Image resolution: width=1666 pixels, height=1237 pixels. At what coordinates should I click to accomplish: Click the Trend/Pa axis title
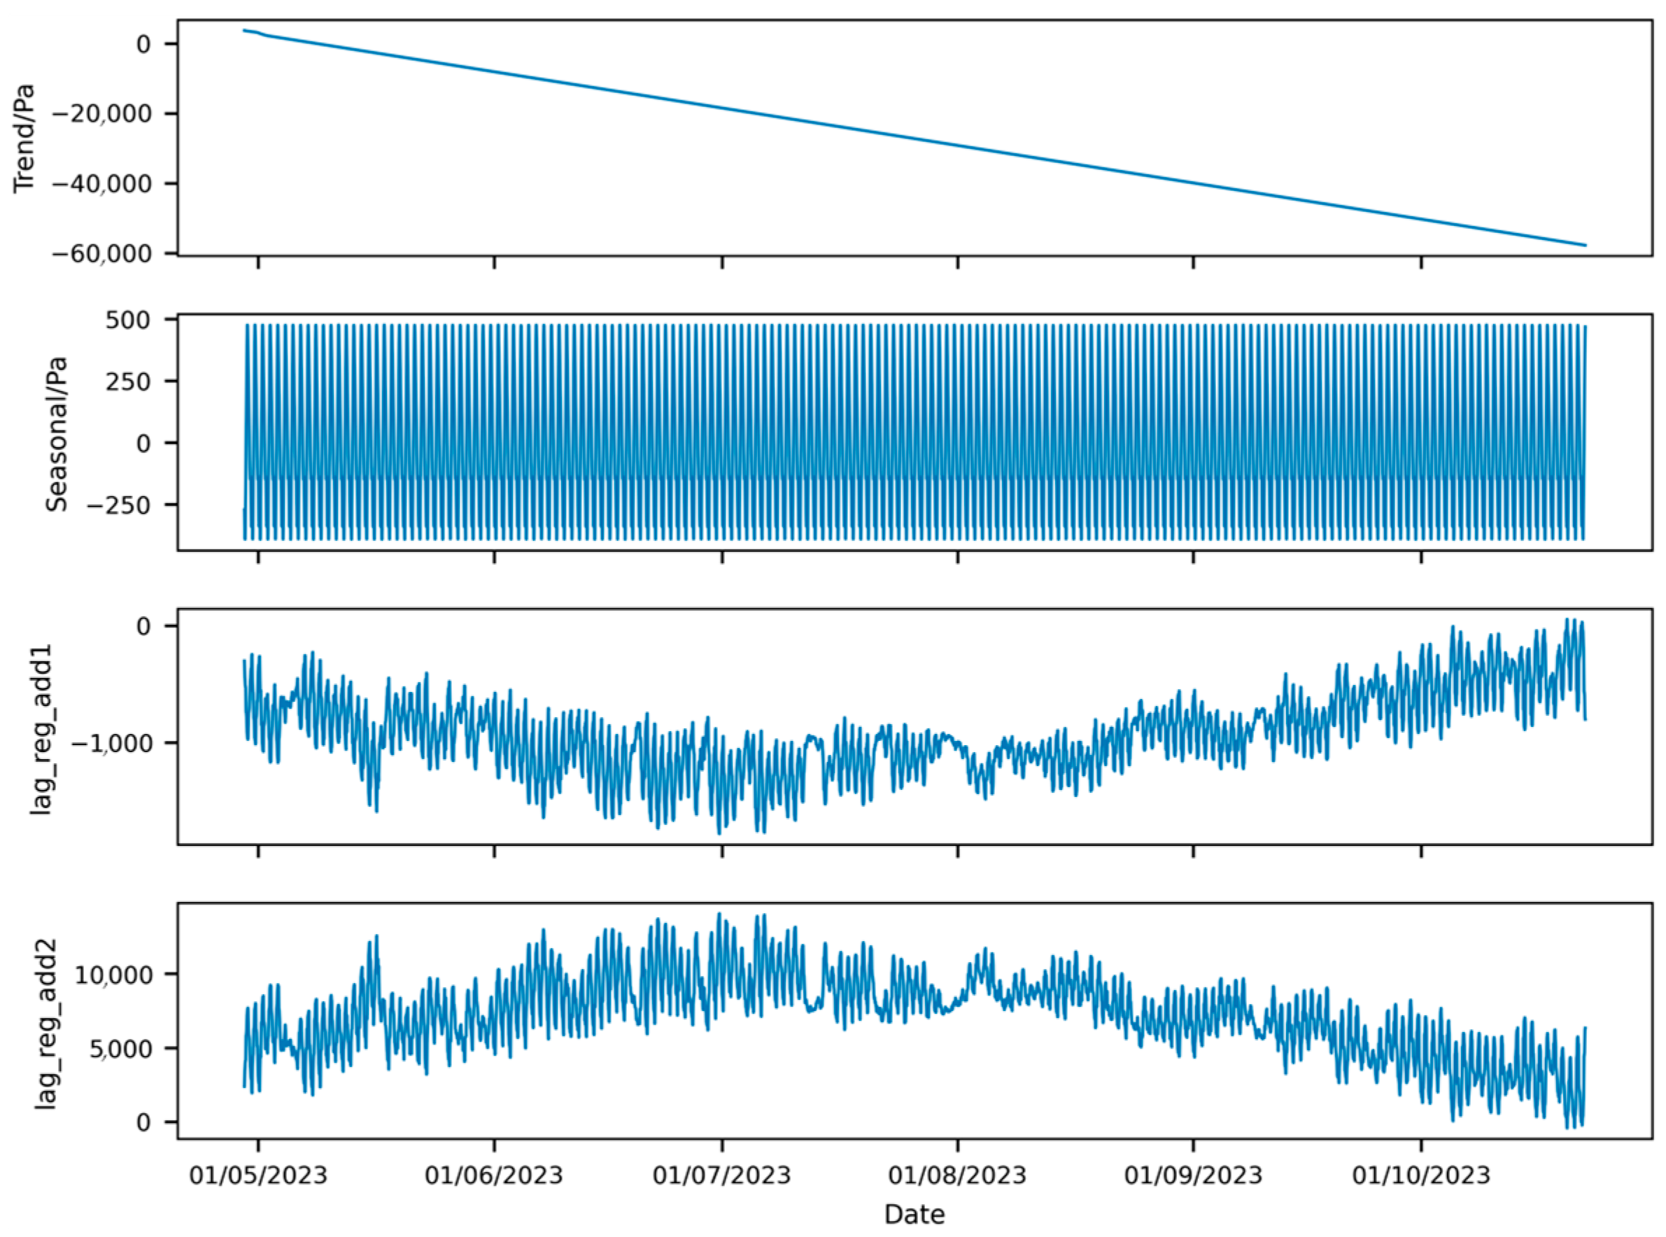click(x=24, y=139)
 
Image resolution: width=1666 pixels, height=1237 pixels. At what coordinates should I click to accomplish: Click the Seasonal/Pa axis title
click(x=57, y=434)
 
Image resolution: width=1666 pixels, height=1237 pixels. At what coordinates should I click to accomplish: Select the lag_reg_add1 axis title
click(x=41, y=728)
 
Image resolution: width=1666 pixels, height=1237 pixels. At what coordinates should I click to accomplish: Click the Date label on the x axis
click(x=915, y=1214)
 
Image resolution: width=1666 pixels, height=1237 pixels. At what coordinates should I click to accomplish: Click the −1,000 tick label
click(x=113, y=743)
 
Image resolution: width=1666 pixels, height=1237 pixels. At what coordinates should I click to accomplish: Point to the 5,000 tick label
click(x=120, y=1048)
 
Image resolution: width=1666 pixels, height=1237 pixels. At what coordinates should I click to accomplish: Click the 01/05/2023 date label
click(x=258, y=1175)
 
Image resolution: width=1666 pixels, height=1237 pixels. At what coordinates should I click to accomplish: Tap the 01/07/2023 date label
click(x=722, y=1175)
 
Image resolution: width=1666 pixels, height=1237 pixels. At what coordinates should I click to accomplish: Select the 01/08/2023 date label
click(x=957, y=1175)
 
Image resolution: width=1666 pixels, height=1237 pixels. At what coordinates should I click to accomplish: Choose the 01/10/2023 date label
click(x=1421, y=1175)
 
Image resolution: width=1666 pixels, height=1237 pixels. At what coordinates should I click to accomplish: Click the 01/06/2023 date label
click(x=493, y=1175)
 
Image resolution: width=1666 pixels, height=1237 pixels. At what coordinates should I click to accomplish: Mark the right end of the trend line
click(x=1584, y=245)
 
